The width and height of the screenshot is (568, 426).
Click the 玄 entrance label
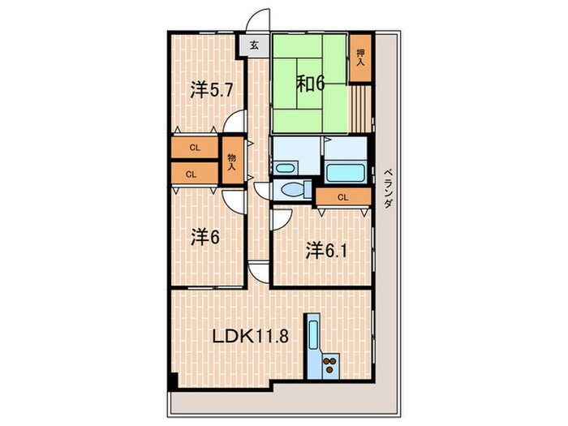[255, 45]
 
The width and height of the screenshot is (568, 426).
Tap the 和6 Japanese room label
[311, 84]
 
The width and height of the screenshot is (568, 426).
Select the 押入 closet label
[360, 58]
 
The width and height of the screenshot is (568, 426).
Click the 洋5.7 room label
[212, 90]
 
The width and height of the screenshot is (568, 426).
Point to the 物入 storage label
[232, 162]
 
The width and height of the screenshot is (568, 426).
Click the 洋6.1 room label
[327, 251]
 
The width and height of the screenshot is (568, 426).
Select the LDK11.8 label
[250, 337]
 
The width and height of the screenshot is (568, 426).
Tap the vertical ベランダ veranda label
[388, 188]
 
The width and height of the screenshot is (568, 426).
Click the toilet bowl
[290, 190]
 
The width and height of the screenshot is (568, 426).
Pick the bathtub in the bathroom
[345, 173]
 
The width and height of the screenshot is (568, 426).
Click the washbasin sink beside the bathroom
[285, 168]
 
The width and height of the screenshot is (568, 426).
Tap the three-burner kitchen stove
[330, 365]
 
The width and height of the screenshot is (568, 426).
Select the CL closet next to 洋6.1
[343, 197]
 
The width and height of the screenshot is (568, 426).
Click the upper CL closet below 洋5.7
[195, 148]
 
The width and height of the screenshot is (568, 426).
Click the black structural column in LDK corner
[173, 381]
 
